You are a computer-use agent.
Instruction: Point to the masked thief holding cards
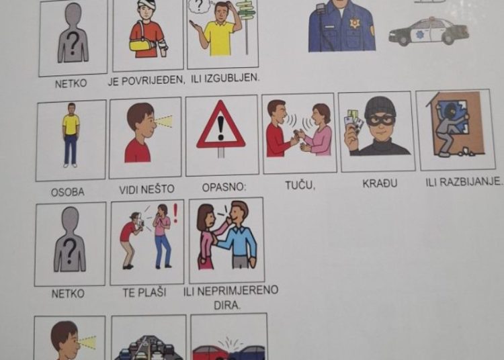(x=377, y=128)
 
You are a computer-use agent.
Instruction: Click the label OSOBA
(x=68, y=192)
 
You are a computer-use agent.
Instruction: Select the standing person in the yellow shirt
(x=71, y=135)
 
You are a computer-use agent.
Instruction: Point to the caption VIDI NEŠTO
(x=146, y=190)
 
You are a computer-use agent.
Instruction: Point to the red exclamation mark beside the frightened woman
(x=175, y=213)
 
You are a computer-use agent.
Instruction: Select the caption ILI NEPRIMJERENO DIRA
(x=230, y=296)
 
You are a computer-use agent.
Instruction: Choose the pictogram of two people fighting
(x=298, y=131)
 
